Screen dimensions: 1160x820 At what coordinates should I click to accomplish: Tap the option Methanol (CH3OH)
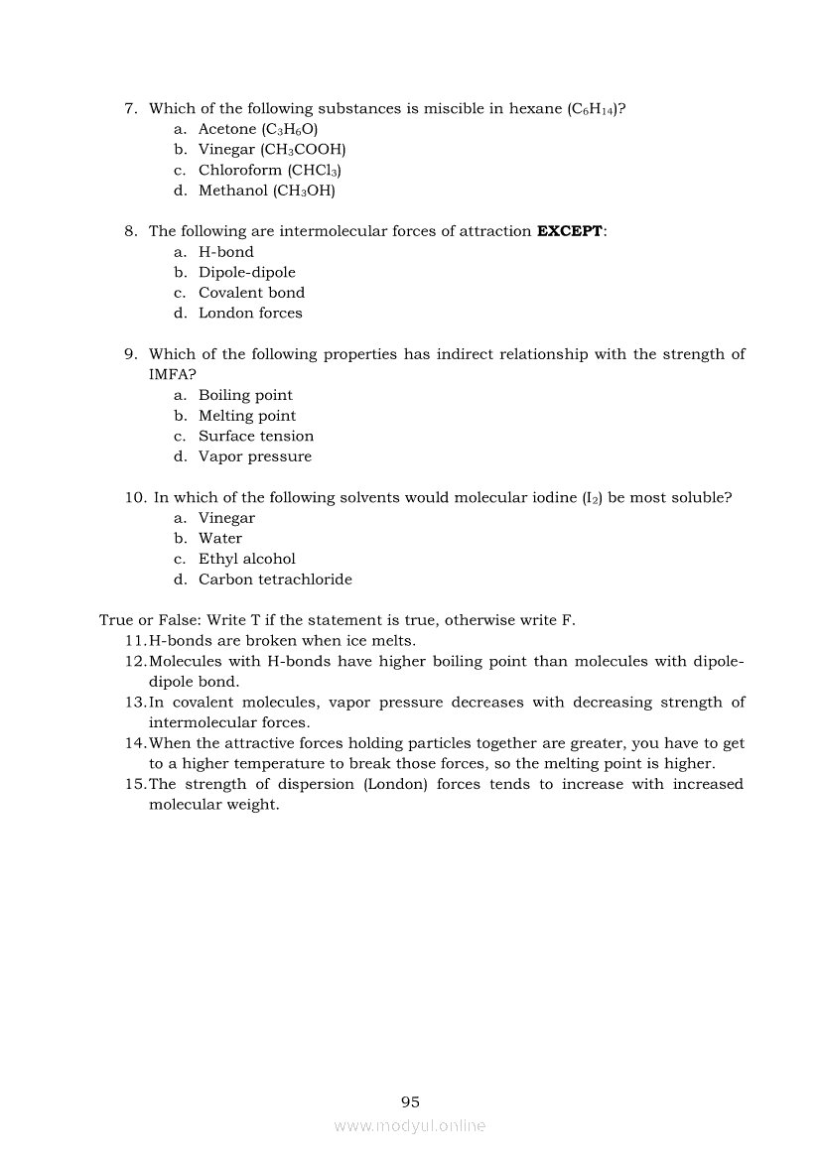(266, 191)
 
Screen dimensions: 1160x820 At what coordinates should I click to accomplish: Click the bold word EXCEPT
(569, 231)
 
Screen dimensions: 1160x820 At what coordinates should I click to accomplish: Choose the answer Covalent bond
(251, 293)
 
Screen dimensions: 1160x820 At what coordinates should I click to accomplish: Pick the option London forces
(250, 313)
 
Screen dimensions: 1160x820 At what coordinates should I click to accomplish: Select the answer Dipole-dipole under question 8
(246, 272)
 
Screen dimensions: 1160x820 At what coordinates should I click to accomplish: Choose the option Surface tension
(255, 436)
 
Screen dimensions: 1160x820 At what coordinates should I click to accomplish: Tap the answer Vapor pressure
(254, 456)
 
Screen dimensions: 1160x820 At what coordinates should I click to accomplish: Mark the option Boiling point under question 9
(245, 395)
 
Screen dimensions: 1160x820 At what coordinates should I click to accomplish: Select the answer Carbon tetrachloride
(275, 580)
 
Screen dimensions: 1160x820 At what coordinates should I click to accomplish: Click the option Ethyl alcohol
(246, 559)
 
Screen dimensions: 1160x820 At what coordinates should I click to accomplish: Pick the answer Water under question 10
(219, 538)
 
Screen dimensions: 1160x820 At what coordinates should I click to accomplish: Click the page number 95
(410, 1101)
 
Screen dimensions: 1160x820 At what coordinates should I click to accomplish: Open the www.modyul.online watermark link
(410, 1125)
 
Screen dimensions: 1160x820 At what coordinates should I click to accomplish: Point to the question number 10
(136, 497)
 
